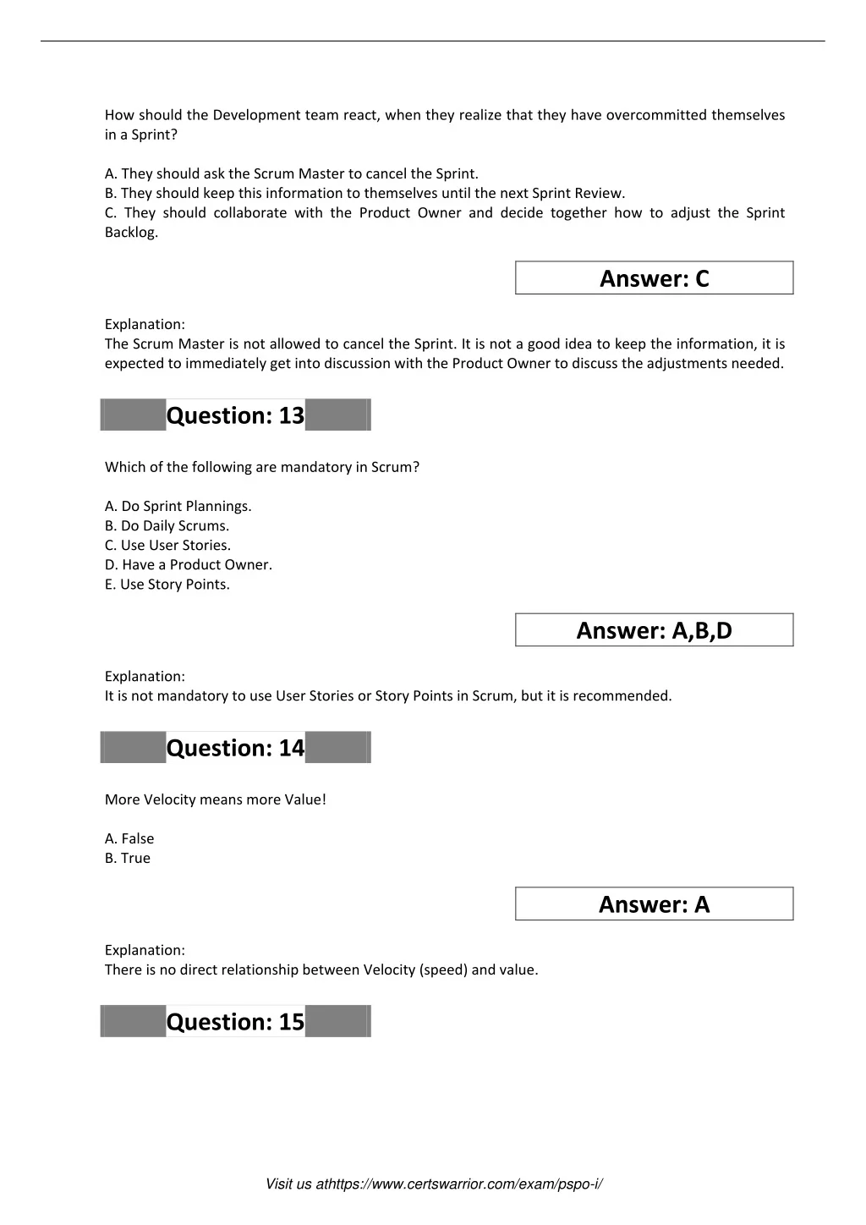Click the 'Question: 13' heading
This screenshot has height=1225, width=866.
pyautogui.click(x=235, y=415)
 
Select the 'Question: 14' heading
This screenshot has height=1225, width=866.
pyautogui.click(x=235, y=748)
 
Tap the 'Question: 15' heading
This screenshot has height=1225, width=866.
pyautogui.click(x=235, y=1022)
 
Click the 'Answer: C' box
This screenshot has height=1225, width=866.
pyautogui.click(x=654, y=278)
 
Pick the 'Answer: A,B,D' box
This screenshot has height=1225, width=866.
pyautogui.click(x=654, y=630)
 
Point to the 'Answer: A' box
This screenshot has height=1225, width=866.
pyautogui.click(x=654, y=904)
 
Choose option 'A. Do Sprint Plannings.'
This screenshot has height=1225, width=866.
pyautogui.click(x=178, y=506)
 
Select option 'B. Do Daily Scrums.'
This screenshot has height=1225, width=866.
pyautogui.click(x=167, y=525)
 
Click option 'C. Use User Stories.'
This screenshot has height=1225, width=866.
pyautogui.click(x=167, y=545)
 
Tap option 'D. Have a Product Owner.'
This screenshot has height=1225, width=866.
pyautogui.click(x=189, y=564)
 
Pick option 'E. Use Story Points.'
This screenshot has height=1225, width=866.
pyautogui.click(x=167, y=584)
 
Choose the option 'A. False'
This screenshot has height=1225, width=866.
pyautogui.click(x=129, y=838)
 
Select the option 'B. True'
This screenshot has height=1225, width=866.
pyautogui.click(x=128, y=858)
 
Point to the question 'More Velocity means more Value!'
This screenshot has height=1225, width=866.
pyautogui.click(x=215, y=799)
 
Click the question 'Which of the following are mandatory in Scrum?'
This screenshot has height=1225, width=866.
pyautogui.click(x=261, y=467)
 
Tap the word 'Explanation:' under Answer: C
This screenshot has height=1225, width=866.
pyautogui.click(x=145, y=324)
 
